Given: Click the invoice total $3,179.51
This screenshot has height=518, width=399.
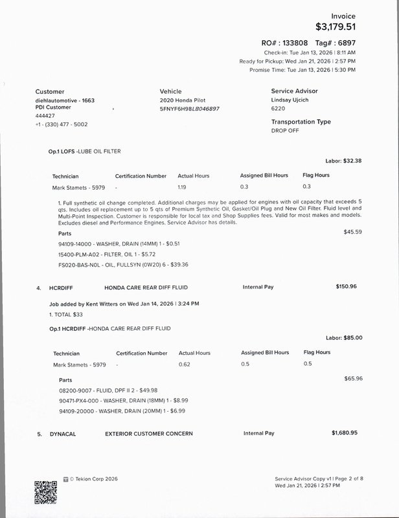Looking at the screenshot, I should coord(335,27).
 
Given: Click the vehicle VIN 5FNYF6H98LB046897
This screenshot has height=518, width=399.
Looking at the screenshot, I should coord(189,109).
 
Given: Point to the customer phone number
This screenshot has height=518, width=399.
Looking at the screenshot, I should coord(62,124).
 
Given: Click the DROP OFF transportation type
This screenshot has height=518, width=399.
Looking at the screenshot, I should coord(285,130).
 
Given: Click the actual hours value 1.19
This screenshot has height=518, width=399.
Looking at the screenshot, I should coord(182,187).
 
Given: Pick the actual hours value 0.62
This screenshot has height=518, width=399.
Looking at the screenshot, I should coord(184,365).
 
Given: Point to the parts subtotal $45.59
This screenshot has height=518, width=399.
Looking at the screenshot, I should coord(352,231).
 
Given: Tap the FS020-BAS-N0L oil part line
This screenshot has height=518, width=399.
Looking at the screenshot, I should coord(113,264).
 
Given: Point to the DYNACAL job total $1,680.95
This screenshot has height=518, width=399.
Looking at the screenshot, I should coord(345,433).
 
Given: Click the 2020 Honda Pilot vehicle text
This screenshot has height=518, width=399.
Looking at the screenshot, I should coord(183,102).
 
